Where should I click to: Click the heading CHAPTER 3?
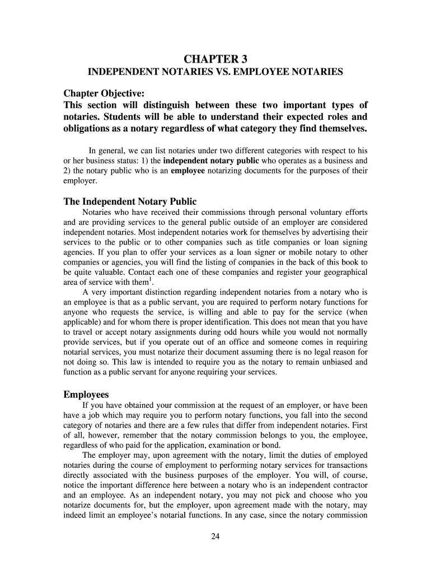click(215, 59)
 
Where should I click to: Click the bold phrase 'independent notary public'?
click(211, 161)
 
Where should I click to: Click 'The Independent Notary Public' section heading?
click(130, 201)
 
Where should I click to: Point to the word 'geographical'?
click(343, 273)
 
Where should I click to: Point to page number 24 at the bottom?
click(215, 538)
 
